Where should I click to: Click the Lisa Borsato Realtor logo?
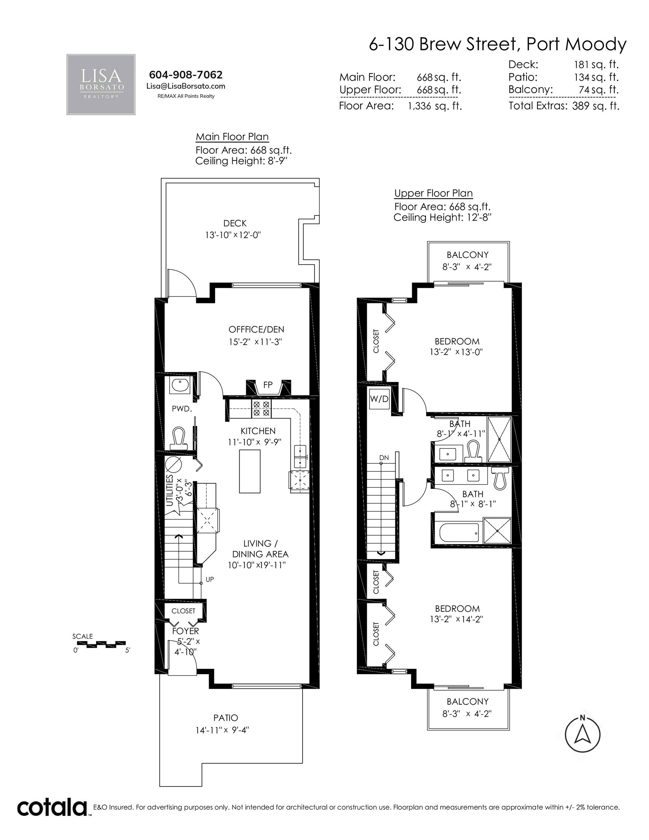(101, 84)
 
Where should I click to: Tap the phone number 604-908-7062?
(186, 75)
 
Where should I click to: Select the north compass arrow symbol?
(582, 735)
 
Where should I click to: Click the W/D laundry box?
(379, 399)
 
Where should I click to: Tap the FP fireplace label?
(268, 385)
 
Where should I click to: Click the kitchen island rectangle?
(250, 471)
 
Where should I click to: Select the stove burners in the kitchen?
(261, 408)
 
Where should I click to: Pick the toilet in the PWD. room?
(178, 438)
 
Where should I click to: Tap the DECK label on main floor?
(235, 223)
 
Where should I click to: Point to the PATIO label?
(226, 718)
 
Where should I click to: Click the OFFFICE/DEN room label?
(257, 329)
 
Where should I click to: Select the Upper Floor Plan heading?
(434, 193)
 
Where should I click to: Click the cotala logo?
(51, 808)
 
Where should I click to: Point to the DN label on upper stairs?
(384, 458)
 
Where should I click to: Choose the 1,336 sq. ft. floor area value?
(435, 106)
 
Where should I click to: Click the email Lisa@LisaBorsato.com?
(186, 86)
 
